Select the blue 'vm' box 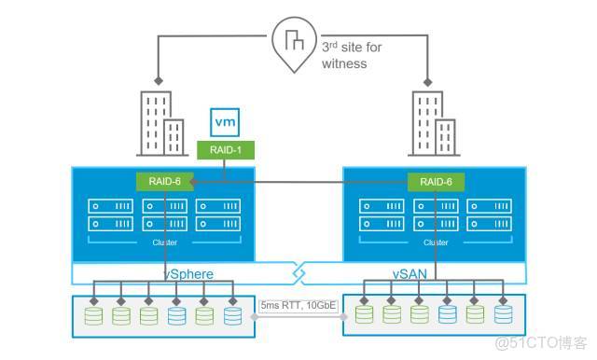(x=223, y=122)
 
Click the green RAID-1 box (x=223, y=148)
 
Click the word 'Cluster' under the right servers (x=435, y=242)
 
